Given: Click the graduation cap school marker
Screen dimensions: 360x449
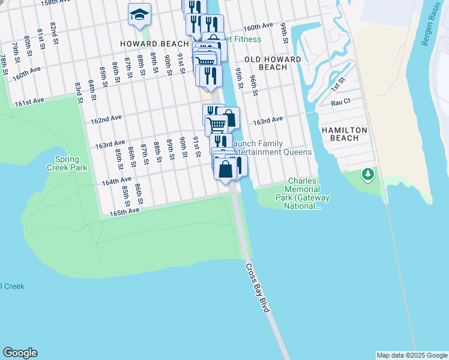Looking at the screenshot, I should (x=139, y=14).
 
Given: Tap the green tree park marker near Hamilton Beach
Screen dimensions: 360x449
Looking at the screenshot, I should (x=367, y=175).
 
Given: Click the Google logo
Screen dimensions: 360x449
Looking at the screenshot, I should (x=20, y=353).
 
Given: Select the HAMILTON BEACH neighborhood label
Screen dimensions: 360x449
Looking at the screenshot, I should (x=348, y=134).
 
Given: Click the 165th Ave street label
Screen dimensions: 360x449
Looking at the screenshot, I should (x=124, y=212).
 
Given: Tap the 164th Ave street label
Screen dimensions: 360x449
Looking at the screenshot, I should (x=116, y=180).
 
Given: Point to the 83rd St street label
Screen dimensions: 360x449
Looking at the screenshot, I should (x=78, y=92).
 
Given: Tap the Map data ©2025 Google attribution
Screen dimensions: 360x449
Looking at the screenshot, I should (x=411, y=355).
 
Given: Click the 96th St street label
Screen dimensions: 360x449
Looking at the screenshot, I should (x=254, y=85).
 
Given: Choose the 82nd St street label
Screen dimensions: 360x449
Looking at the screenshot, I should (x=54, y=28).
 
